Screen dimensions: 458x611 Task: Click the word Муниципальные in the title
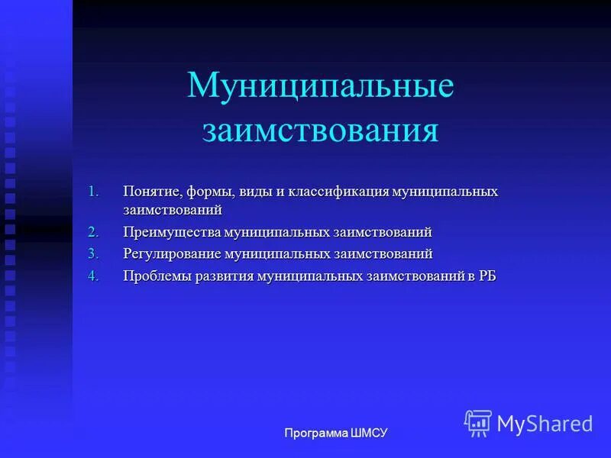click(x=320, y=85)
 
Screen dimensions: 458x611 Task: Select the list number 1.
click(x=93, y=191)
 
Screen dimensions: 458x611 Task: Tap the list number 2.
click(x=93, y=232)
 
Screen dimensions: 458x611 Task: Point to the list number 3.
click(x=93, y=253)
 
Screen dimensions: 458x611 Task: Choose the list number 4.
click(x=93, y=276)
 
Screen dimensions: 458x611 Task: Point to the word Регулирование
click(x=172, y=253)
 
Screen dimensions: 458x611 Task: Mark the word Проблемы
click(x=155, y=276)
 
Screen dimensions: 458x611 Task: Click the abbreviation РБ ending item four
click(x=487, y=276)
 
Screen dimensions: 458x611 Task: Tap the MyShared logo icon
click(x=477, y=423)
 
